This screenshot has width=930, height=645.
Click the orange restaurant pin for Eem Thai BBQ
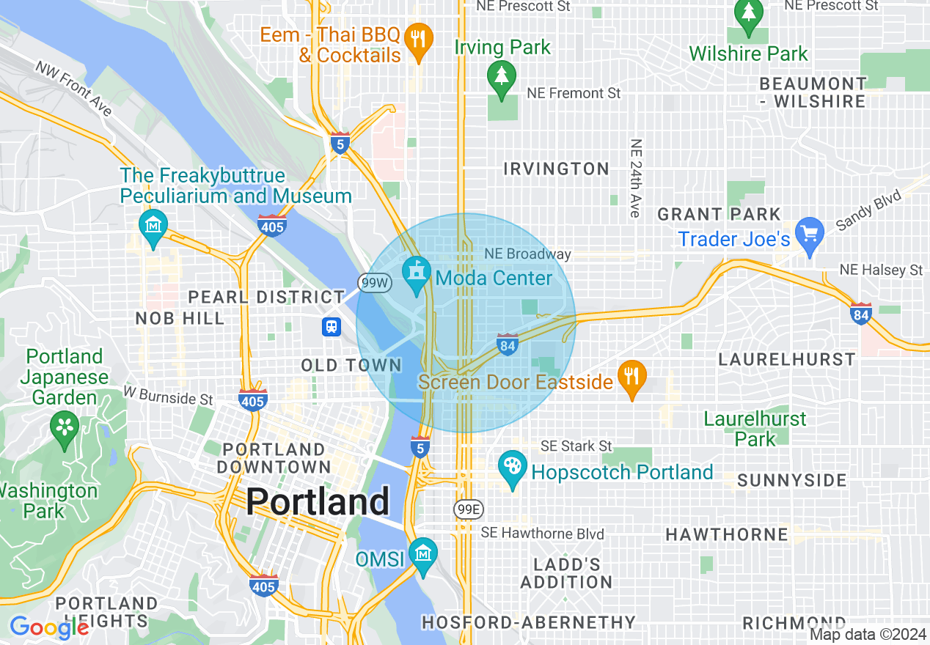click(x=418, y=37)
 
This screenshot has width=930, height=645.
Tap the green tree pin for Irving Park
click(x=502, y=75)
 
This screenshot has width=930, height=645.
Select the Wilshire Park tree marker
click(x=748, y=12)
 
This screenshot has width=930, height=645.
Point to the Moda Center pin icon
click(x=417, y=275)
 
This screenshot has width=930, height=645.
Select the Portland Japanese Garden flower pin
click(x=65, y=427)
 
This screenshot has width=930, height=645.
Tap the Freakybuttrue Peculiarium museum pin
click(x=153, y=226)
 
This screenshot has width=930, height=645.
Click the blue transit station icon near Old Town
click(x=332, y=326)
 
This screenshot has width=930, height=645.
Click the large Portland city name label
click(x=317, y=502)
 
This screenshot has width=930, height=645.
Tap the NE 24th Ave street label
click(x=635, y=178)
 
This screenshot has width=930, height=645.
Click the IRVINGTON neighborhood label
click(x=556, y=169)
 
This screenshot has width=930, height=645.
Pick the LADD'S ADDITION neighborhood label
click(x=565, y=573)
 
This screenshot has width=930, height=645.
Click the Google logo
click(x=49, y=627)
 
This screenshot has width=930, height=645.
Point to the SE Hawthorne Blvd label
click(x=542, y=534)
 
